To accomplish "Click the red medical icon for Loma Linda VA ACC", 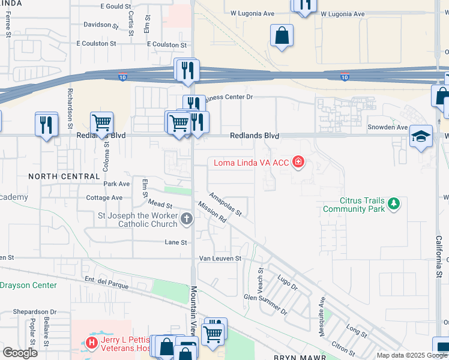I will click(297, 162).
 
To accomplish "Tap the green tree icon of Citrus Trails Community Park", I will click(394, 204).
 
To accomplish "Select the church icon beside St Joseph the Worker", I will click(187, 220).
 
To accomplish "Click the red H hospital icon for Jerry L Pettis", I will click(91, 343).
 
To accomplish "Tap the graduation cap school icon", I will click(421, 136).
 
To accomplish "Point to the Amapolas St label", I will click(225, 205).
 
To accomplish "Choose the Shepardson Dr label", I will click(36, 312).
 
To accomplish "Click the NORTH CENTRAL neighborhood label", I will click(64, 176).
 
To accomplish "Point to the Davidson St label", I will click(101, 25).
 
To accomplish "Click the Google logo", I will click(20, 352).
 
